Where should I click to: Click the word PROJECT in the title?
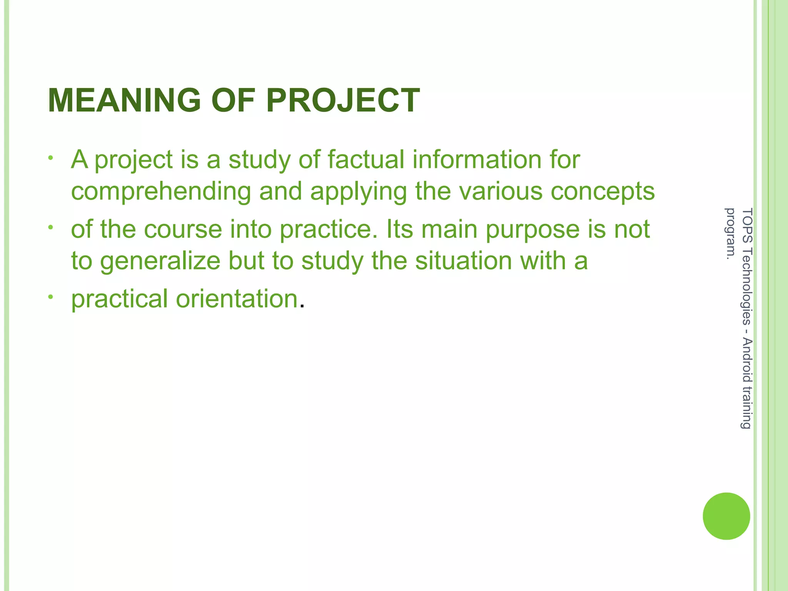[343, 100]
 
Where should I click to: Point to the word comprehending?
[161, 192]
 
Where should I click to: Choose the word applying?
[358, 192]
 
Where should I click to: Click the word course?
[183, 229]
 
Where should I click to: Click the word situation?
[463, 260]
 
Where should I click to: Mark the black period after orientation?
[302, 306]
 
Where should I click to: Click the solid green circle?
[726, 516]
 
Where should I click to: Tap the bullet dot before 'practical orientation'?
[50, 297]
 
